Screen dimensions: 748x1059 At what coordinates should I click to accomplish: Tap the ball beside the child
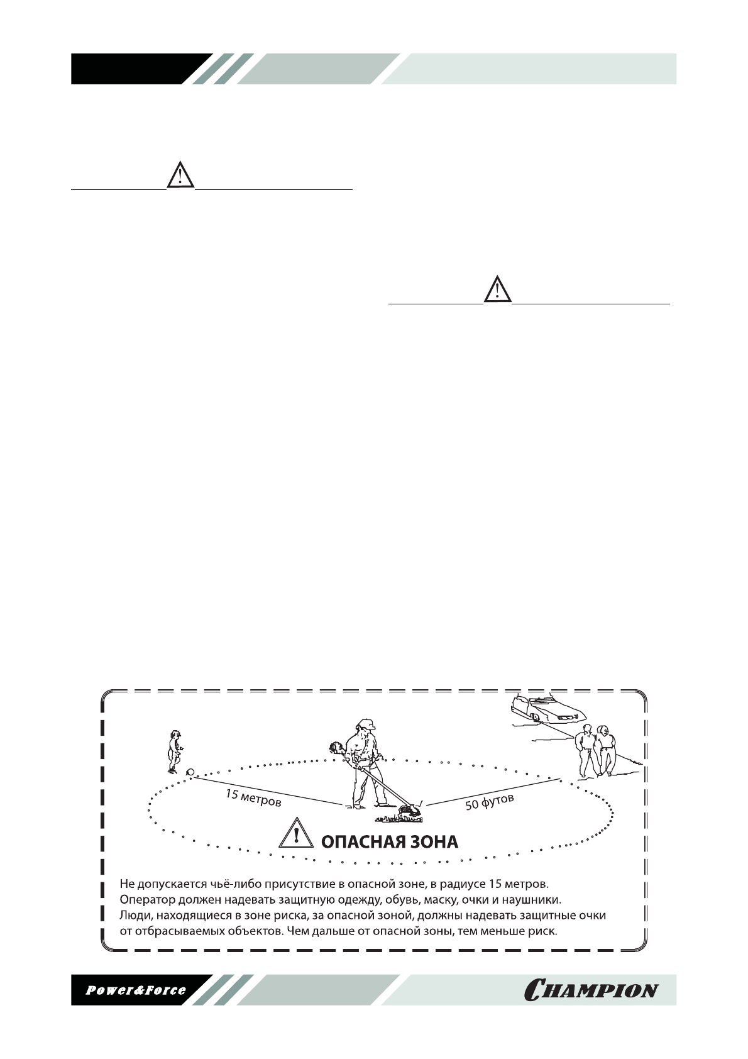[x=190, y=773]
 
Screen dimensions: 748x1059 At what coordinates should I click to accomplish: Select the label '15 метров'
[x=253, y=799]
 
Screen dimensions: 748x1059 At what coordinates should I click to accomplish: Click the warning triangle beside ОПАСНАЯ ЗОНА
[x=296, y=836]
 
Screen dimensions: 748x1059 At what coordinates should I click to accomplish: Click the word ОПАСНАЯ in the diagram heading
[x=360, y=842]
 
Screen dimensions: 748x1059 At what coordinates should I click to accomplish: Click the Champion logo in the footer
[x=591, y=990]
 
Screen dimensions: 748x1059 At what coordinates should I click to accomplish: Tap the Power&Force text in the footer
[x=136, y=990]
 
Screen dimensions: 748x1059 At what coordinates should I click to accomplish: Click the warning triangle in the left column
[x=180, y=174]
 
